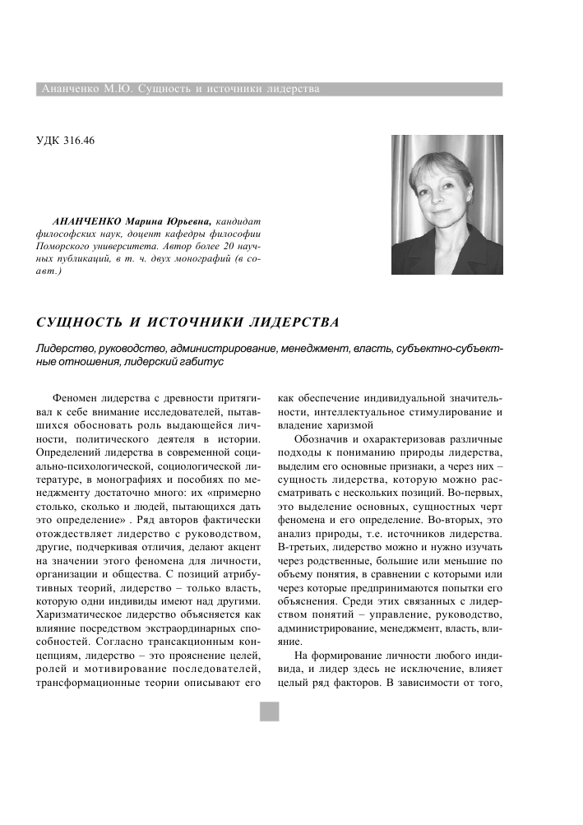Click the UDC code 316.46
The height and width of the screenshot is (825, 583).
click(x=77, y=140)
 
